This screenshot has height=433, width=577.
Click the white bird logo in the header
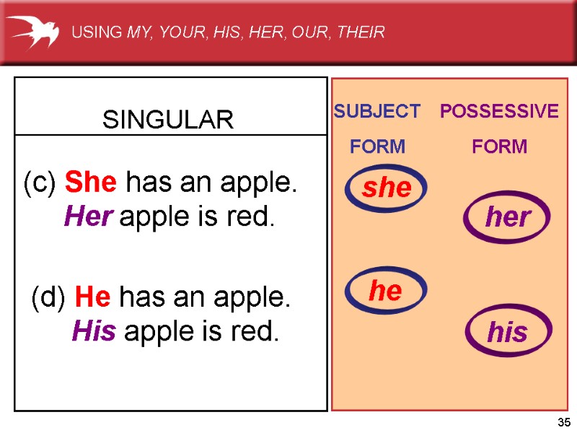pyautogui.click(x=32, y=31)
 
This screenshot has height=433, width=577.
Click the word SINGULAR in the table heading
pyautogui.click(x=168, y=120)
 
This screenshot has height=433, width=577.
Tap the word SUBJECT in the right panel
pyautogui.click(x=376, y=112)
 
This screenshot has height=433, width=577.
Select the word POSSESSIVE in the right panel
pyautogui.click(x=499, y=112)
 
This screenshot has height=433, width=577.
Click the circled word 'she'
pyautogui.click(x=387, y=188)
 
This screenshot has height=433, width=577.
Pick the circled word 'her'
pyautogui.click(x=508, y=217)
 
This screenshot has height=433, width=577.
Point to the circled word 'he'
pyautogui.click(x=385, y=291)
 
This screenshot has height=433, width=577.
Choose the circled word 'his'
pyautogui.click(x=508, y=333)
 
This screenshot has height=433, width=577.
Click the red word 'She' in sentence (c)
pyautogui.click(x=91, y=184)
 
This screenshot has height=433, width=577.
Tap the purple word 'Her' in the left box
pyautogui.click(x=87, y=216)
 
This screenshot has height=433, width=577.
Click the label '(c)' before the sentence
pyautogui.click(x=40, y=185)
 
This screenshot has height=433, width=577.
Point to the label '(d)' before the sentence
pyautogui.click(x=48, y=297)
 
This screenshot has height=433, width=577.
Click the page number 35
pyautogui.click(x=564, y=422)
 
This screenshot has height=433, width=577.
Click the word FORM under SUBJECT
pyautogui.click(x=377, y=147)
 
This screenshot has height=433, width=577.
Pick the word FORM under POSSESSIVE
pyautogui.click(x=499, y=147)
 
